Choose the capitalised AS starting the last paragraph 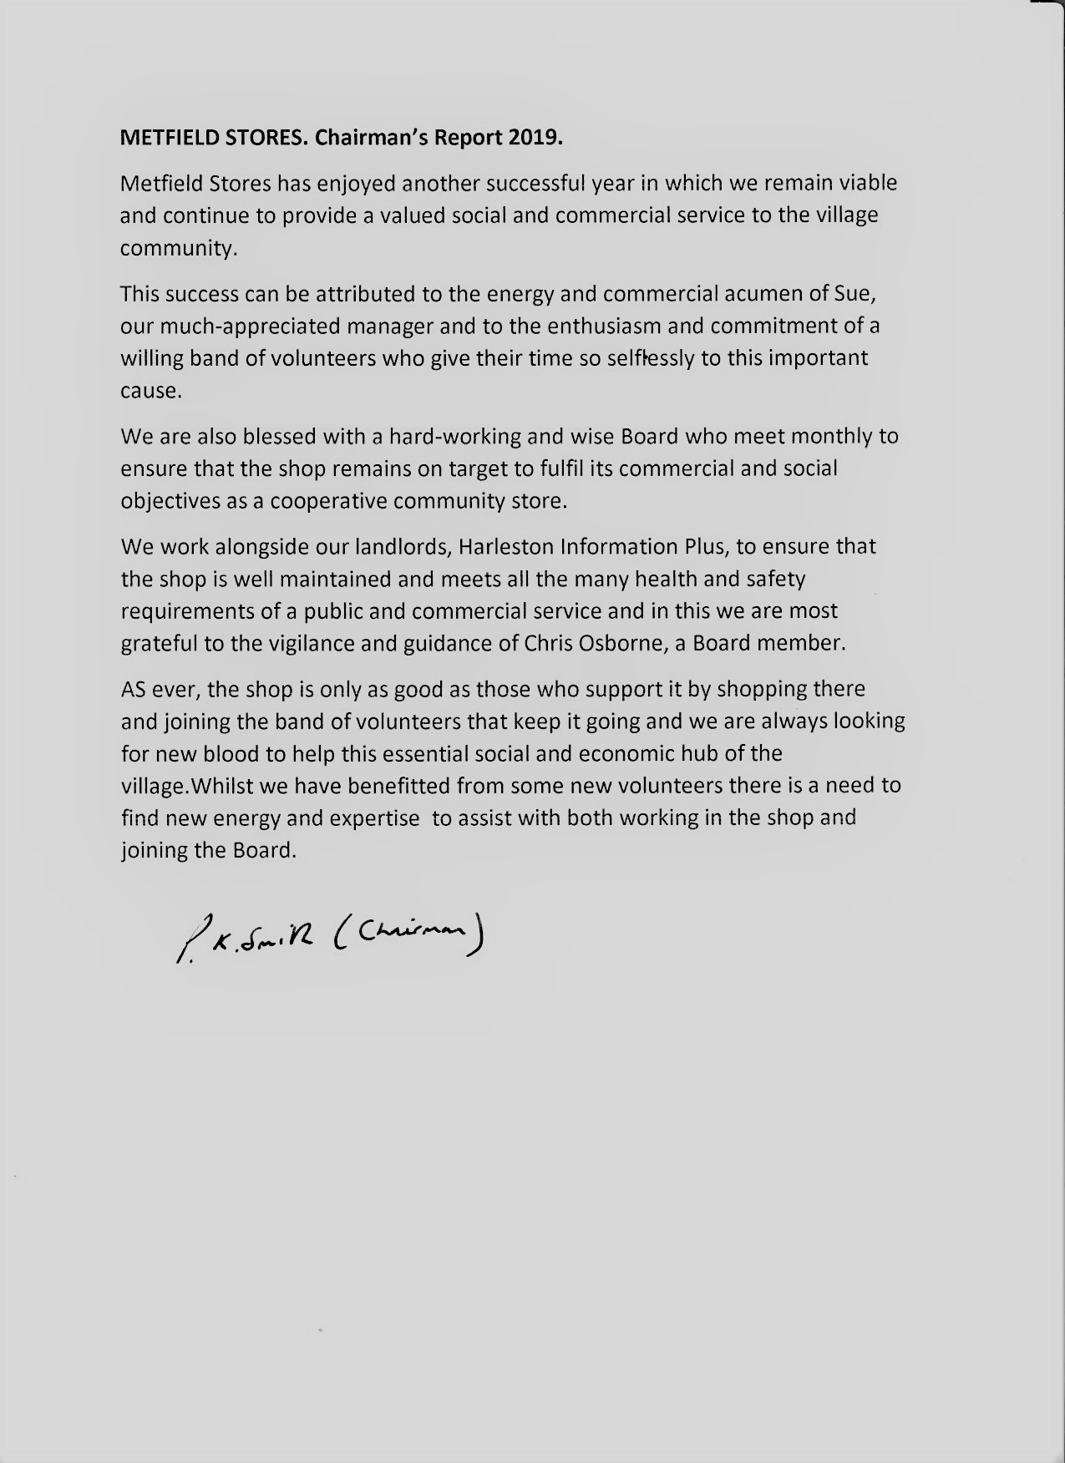(x=134, y=690)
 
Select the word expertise (x=374, y=818)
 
